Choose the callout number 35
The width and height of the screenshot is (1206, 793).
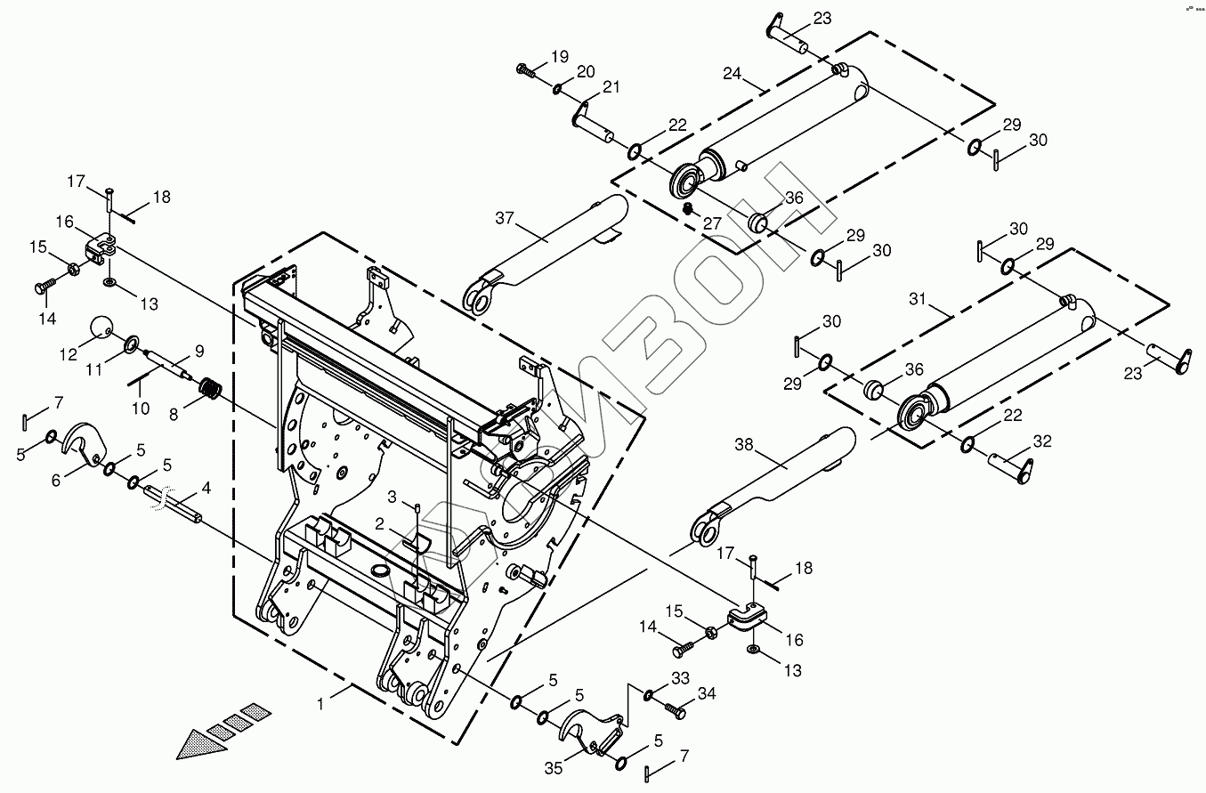point(554,768)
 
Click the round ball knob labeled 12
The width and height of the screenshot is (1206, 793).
point(105,330)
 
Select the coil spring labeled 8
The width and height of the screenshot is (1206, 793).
point(209,388)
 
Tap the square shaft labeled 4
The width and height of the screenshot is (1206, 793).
point(174,505)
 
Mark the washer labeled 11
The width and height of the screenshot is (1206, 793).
point(131,343)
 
